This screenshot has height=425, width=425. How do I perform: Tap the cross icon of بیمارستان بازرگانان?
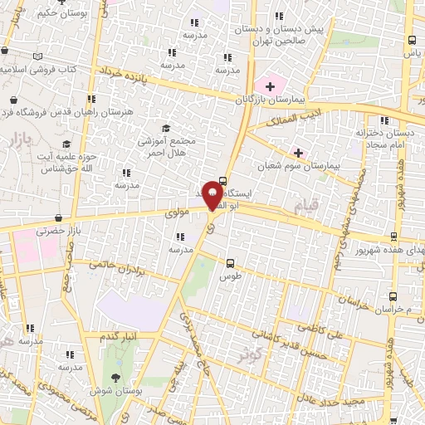[270, 85]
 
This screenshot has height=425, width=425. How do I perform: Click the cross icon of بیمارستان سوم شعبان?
[298, 153]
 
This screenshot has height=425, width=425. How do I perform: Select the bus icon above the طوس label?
[231, 263]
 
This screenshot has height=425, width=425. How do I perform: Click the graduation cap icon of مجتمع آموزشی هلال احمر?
[166, 129]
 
